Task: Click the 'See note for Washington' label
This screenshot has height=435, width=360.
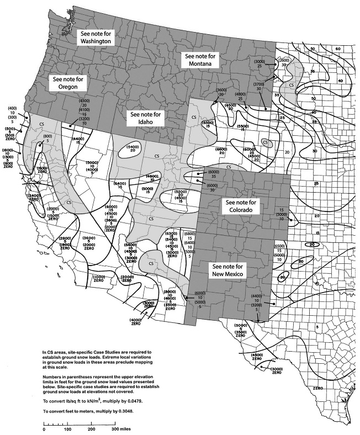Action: point(95,38)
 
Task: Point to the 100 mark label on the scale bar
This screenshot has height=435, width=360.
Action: point(67,428)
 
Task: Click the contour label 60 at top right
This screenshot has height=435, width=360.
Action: point(338,49)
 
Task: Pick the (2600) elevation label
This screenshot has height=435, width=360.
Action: point(285,60)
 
